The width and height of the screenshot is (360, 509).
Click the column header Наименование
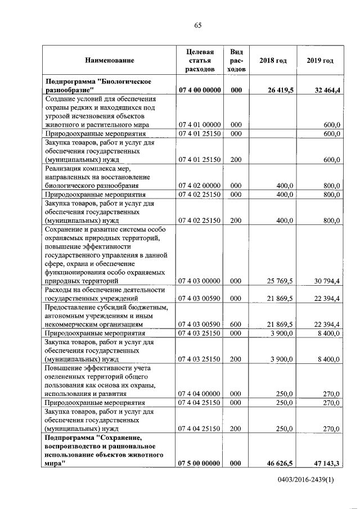point(110,60)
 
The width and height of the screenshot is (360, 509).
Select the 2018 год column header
point(273,60)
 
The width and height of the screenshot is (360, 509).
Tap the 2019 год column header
point(320,60)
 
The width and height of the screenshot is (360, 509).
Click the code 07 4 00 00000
point(200,90)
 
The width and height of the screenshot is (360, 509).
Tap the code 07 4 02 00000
point(200,185)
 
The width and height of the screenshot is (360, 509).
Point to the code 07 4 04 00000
point(200,394)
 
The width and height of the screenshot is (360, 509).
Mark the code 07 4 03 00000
point(200,280)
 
